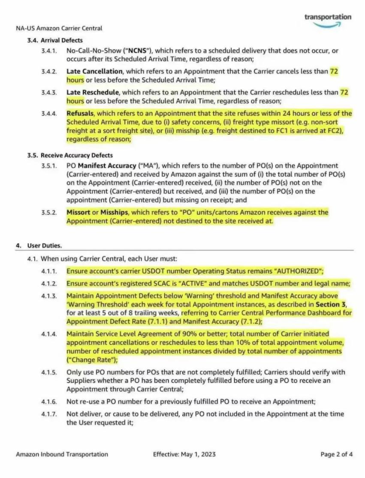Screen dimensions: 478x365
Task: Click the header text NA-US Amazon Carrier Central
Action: point(59,29)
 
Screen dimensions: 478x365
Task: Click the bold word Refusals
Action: point(80,114)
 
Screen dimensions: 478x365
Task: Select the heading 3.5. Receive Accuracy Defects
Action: point(70,155)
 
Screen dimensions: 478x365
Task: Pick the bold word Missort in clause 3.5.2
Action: point(78,212)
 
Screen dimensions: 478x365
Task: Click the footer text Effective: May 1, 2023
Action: point(184,454)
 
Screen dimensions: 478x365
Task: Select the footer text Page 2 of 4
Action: point(337,454)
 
